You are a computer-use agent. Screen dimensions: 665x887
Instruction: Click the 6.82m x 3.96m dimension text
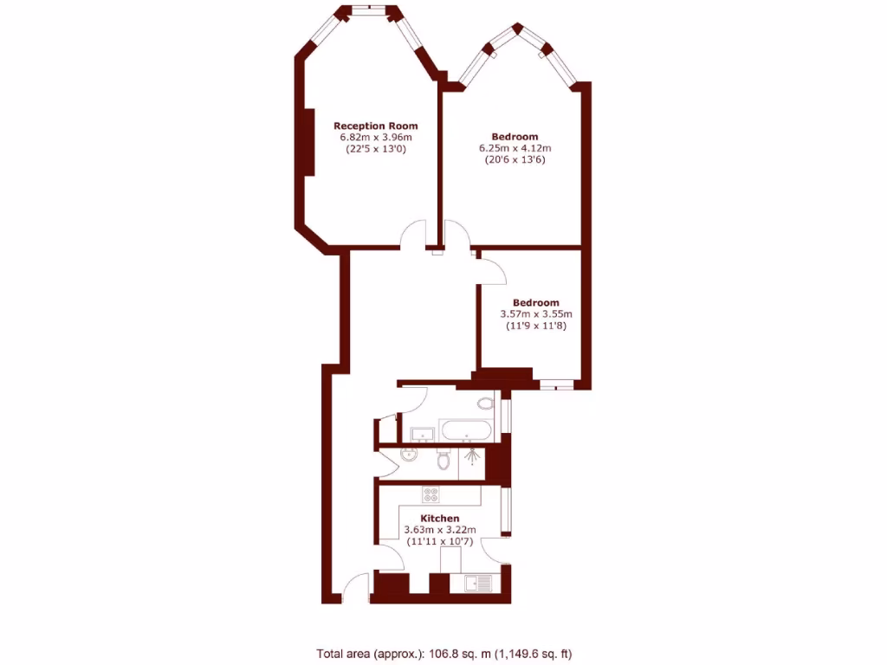[x=375, y=137]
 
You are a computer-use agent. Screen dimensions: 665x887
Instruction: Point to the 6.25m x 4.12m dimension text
[x=515, y=148]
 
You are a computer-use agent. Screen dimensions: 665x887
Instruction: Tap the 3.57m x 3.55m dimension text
[x=536, y=314]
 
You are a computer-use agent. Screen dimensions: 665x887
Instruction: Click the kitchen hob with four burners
[x=431, y=495]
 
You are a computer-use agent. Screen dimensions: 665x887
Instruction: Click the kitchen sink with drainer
[x=476, y=584]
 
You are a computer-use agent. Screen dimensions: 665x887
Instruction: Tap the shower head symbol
[x=472, y=455]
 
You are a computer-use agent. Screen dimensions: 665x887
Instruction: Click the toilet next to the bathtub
[x=485, y=404]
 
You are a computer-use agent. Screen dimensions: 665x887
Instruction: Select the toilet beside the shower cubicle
[x=444, y=461]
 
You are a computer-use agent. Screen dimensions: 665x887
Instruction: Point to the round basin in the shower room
[x=410, y=456]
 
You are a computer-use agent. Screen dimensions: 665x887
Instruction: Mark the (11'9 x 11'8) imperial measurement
[x=536, y=326]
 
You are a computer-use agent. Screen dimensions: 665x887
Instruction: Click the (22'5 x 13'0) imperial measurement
[x=375, y=149]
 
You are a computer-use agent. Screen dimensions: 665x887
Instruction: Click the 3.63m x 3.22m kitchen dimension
[x=440, y=530]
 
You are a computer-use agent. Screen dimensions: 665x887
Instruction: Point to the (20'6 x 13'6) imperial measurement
[x=515, y=160]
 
